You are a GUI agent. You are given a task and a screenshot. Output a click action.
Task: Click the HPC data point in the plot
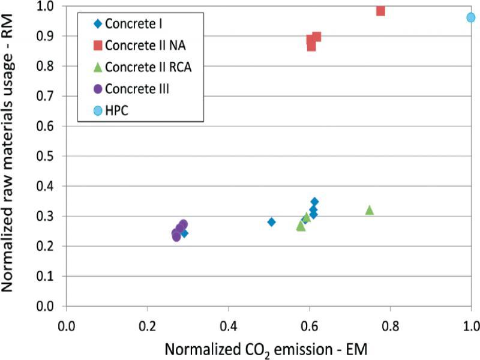click(x=471, y=17)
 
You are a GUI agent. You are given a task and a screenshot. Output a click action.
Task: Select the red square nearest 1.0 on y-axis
click(x=380, y=11)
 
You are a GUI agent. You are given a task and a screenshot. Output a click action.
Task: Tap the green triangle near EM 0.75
click(x=370, y=210)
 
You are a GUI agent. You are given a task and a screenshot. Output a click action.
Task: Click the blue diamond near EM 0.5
click(x=271, y=222)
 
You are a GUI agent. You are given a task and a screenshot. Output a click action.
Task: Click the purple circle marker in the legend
click(x=98, y=89)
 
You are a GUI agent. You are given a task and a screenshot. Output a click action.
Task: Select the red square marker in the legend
click(x=98, y=46)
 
